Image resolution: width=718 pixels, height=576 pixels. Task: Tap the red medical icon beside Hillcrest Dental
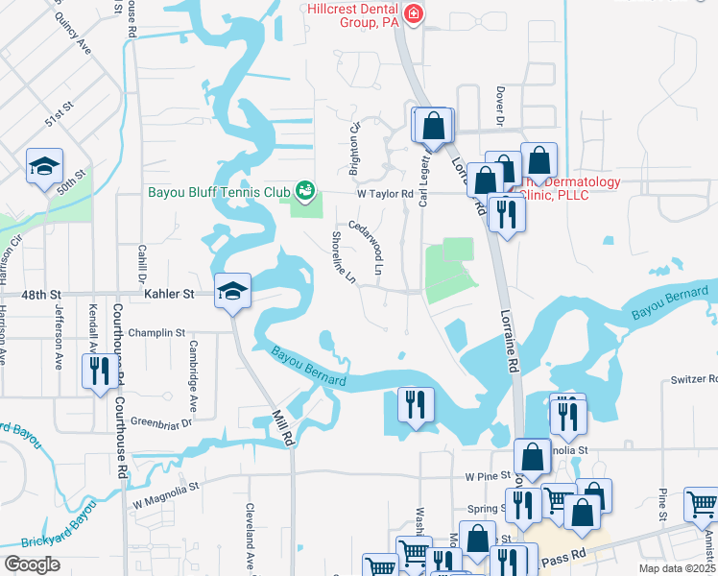(414, 13)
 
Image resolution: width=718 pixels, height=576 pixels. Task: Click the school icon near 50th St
(44, 169)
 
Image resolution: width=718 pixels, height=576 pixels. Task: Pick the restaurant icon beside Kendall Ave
(99, 371)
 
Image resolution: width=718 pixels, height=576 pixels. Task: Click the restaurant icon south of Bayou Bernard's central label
(416, 403)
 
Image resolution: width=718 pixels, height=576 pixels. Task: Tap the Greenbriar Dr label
(161, 421)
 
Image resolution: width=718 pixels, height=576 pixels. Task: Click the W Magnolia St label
(166, 494)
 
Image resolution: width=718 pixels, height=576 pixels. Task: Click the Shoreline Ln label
(344, 257)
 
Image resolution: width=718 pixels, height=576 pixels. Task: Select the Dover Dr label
(500, 107)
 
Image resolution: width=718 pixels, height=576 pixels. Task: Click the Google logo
(32, 564)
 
